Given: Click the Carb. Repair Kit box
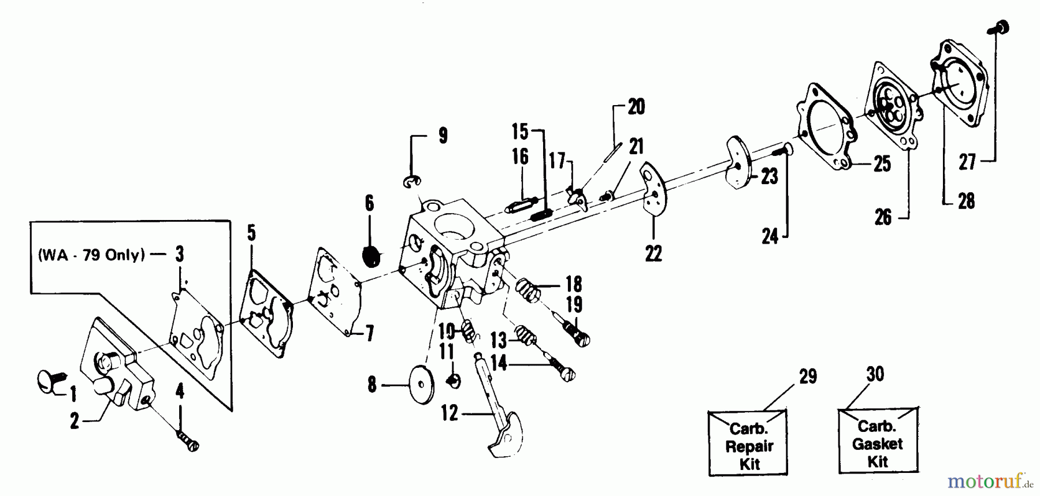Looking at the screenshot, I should (748, 445).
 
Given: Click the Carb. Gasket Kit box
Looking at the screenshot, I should (877, 443).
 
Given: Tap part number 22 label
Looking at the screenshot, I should (653, 253).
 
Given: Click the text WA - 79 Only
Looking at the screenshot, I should (91, 255).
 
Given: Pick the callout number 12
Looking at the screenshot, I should (449, 413).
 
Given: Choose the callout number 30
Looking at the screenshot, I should (875, 374).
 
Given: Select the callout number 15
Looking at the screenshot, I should (520, 132).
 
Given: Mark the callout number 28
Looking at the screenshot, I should (965, 201).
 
